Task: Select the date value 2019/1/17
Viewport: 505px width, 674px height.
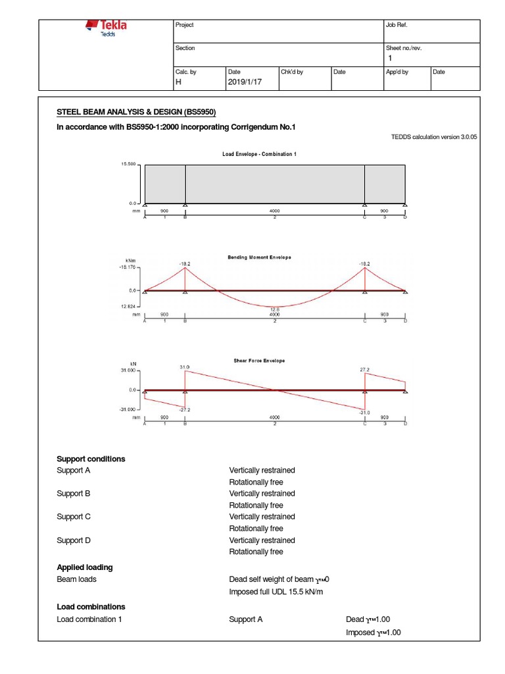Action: pyautogui.click(x=244, y=82)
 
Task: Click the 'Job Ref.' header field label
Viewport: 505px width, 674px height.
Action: pyautogui.click(x=397, y=25)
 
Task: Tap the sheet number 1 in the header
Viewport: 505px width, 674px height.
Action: pyautogui.click(x=389, y=59)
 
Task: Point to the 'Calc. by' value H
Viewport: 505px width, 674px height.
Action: pyautogui.click(x=178, y=82)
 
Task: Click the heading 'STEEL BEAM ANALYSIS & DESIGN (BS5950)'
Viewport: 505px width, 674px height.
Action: pyautogui.click(x=136, y=112)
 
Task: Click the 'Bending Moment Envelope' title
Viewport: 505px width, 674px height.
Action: pyautogui.click(x=259, y=257)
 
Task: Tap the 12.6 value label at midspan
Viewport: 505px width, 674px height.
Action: pyautogui.click(x=274, y=309)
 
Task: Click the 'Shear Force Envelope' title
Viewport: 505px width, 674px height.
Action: pyautogui.click(x=259, y=361)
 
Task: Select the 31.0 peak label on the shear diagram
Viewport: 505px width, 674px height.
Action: pyautogui.click(x=185, y=367)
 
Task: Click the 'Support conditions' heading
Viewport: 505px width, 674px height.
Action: pyautogui.click(x=91, y=459)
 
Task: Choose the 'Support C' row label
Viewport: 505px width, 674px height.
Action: pyautogui.click(x=74, y=517)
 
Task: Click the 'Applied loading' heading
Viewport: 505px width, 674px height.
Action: pyautogui.click(x=85, y=567)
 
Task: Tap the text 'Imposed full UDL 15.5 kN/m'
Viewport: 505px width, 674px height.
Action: pyautogui.click(x=276, y=592)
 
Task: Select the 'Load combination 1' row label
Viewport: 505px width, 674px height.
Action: pyautogui.click(x=89, y=619)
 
